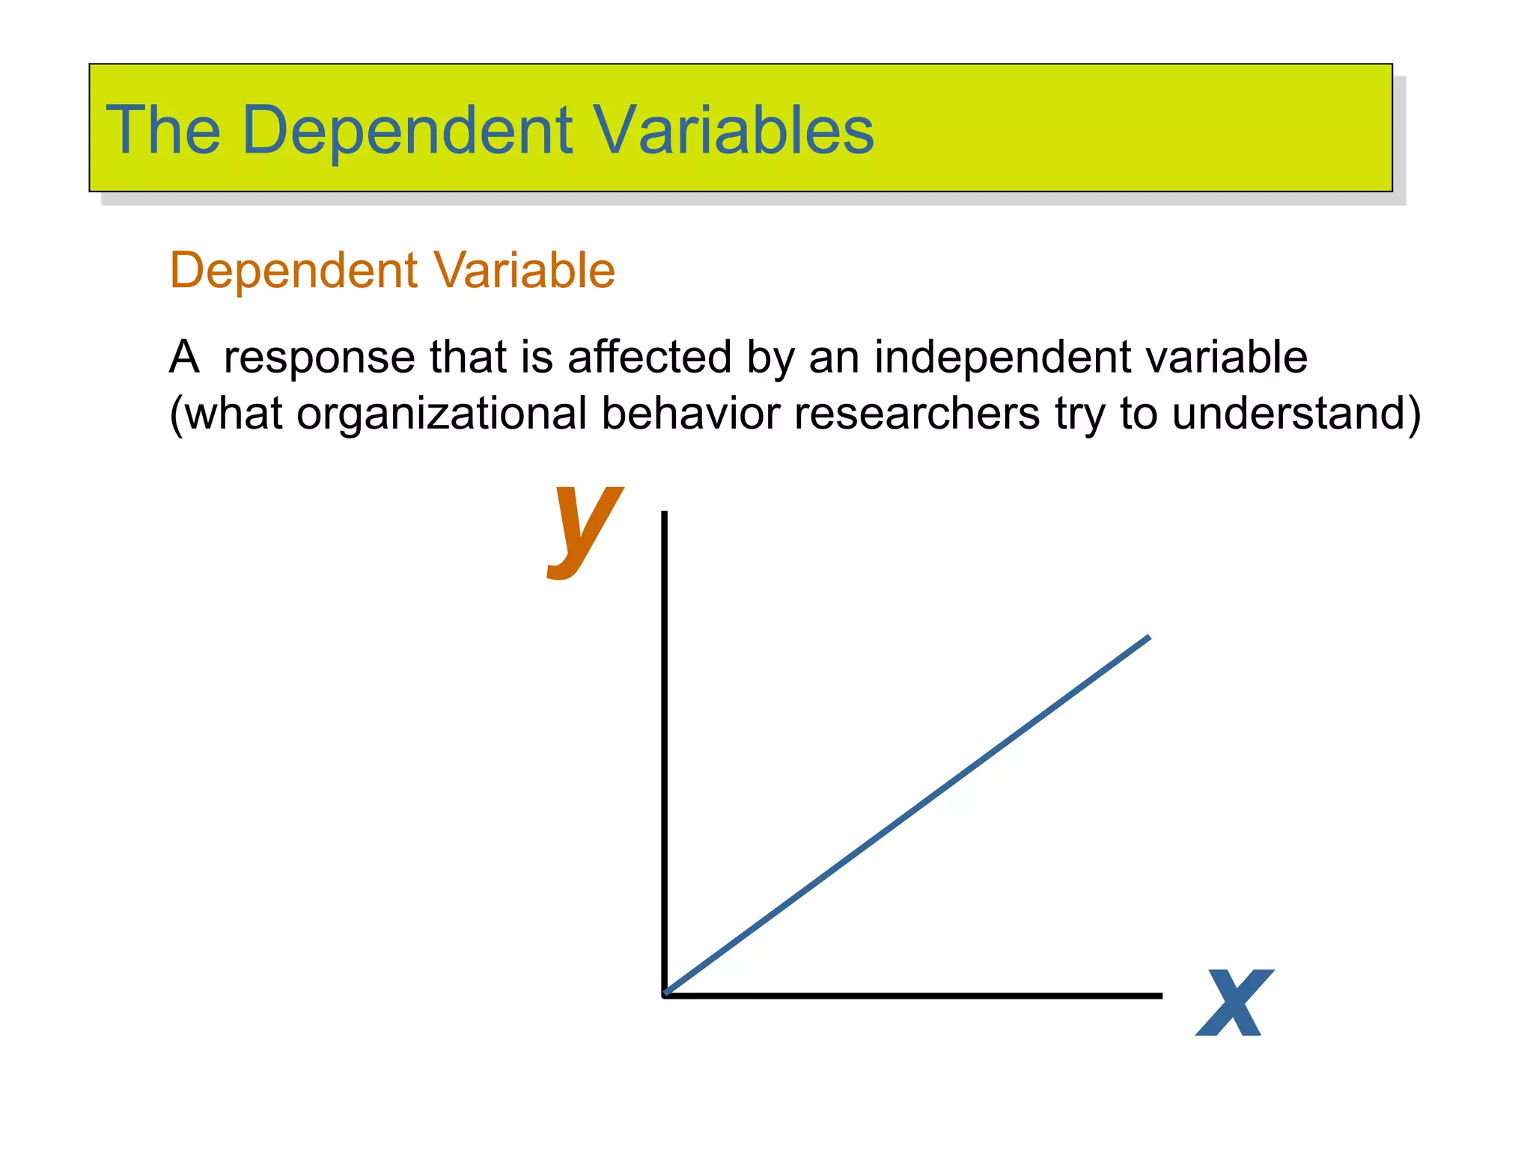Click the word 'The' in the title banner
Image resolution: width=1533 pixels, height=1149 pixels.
pos(163,130)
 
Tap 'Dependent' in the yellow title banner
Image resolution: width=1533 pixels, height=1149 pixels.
pos(408,132)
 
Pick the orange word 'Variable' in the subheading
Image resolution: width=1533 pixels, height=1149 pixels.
pos(524,270)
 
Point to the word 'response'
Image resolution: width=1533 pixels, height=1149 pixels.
pos(318,358)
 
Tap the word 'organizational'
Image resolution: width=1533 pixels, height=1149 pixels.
pos(442,414)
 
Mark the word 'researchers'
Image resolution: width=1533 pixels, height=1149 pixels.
pos(916,414)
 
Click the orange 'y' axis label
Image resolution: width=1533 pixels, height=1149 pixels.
pos(585,528)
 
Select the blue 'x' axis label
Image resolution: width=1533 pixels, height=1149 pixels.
pos(1234,1002)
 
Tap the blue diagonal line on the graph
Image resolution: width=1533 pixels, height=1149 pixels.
pos(906,816)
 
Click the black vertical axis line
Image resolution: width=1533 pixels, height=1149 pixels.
pos(664,748)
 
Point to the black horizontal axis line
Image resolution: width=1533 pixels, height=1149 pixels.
pos(913,996)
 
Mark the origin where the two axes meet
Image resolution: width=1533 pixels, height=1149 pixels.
pos(665,995)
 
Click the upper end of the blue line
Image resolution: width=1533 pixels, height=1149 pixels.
pos(1148,638)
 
